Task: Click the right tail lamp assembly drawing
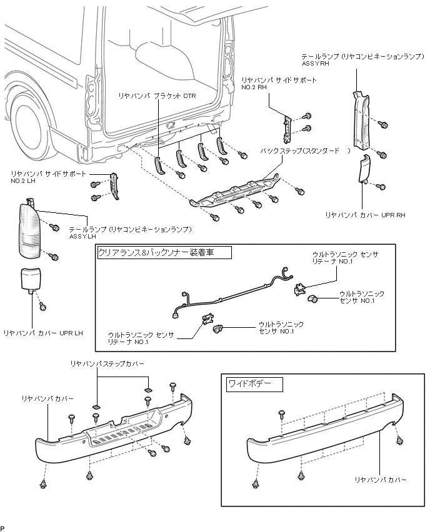coord(361,120)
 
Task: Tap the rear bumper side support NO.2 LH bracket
coord(114,186)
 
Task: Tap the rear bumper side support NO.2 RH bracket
coord(287,129)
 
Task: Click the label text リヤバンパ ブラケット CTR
coord(157,96)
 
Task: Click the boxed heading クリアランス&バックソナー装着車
coord(156,252)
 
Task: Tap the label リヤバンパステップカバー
coord(107,363)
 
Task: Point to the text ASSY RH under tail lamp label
coord(315,64)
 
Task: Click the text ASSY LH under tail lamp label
coord(82,237)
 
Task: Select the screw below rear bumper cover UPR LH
coord(42,307)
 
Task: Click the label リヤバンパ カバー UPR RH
coord(365,215)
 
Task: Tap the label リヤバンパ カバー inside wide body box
coord(381,480)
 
